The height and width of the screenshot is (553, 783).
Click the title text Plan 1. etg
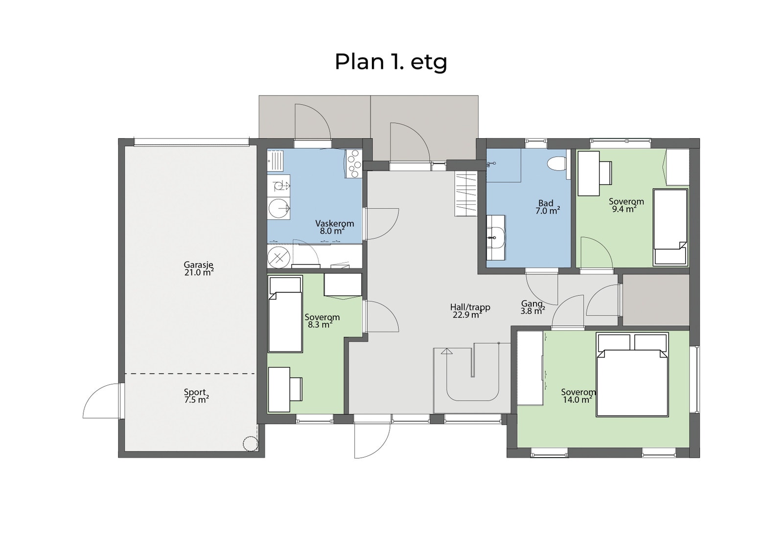[x=391, y=63]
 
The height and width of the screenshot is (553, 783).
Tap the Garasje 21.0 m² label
[x=199, y=269]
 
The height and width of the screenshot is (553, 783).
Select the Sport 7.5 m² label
[x=196, y=396]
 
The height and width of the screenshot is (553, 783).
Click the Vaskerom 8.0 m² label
[x=334, y=227]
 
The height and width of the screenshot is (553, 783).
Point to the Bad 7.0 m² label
[x=547, y=207]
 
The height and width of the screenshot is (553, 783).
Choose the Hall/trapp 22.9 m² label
[x=469, y=311]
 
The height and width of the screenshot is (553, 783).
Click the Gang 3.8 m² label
[x=533, y=307]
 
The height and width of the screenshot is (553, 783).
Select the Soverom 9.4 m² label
[x=625, y=205]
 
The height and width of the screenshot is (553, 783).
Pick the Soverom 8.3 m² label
[x=322, y=320]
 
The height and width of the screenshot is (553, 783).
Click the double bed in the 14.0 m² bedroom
[x=632, y=376]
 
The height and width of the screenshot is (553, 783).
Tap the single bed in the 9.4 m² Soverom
[x=670, y=227]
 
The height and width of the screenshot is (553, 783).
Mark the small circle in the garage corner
[x=250, y=443]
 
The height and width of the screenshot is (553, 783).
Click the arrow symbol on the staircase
[x=446, y=351]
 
